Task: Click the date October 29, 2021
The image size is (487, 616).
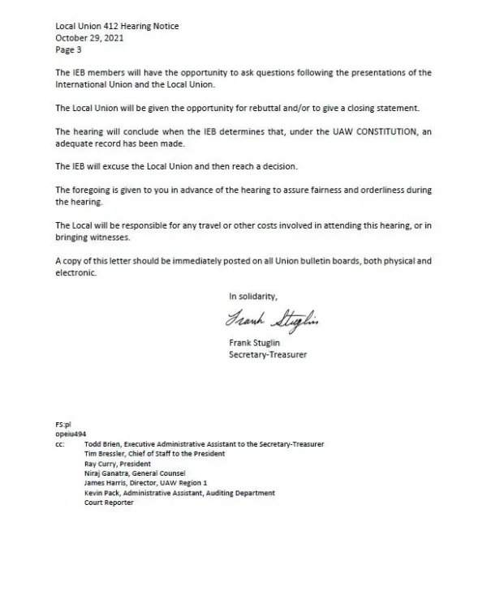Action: point(88,37)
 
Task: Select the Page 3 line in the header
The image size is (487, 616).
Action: point(68,49)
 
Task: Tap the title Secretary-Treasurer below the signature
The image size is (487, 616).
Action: point(268,354)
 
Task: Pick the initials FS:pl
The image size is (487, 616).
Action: point(64,424)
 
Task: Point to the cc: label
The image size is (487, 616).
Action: point(61,444)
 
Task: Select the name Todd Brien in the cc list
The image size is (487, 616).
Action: point(103,444)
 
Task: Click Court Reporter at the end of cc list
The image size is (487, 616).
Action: point(109,503)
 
